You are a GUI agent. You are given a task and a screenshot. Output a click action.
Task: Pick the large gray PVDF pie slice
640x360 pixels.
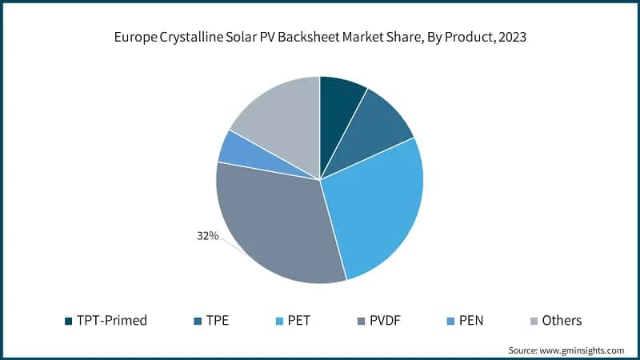276,228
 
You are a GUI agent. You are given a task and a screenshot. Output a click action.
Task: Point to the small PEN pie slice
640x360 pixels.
238,150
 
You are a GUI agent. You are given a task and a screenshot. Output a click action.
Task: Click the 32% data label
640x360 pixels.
208,236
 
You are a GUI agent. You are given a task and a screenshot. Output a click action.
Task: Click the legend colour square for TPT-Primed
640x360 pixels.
69,321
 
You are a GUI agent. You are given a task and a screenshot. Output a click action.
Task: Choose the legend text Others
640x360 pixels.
562,321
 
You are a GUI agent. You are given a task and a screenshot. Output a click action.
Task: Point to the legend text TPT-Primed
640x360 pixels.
111,321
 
